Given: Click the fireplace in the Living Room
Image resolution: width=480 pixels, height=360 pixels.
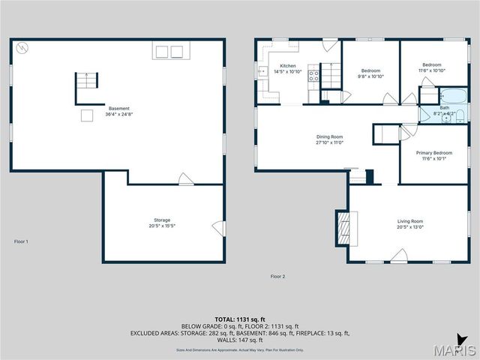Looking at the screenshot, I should pyautogui.click(x=342, y=226).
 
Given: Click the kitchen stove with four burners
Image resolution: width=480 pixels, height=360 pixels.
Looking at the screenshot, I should pyautogui.click(x=314, y=75).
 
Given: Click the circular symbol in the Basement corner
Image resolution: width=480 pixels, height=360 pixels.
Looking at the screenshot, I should pyautogui.click(x=22, y=46).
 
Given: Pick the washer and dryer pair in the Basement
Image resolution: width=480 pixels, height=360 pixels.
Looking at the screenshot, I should pyautogui.click(x=169, y=52).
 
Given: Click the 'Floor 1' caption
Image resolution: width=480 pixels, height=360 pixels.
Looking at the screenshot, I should pyautogui.click(x=21, y=241).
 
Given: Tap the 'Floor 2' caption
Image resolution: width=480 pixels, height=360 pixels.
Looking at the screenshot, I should pyautogui.click(x=277, y=277).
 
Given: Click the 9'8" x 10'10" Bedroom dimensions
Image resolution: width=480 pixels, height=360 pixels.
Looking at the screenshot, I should pyautogui.click(x=370, y=76).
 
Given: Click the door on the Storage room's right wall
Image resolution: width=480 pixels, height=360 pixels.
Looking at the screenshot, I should pyautogui.click(x=217, y=227).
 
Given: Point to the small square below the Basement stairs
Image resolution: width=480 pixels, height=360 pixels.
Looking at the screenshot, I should pyautogui.click(x=87, y=115).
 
